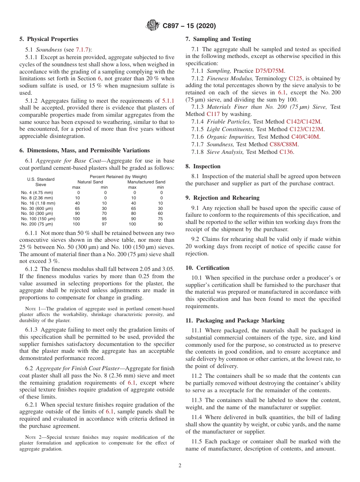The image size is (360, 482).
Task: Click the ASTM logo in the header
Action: pos(153,26)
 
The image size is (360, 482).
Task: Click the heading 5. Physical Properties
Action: pos(49,39)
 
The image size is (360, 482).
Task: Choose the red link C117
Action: pos(213,114)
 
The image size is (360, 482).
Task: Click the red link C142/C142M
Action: pos(304,122)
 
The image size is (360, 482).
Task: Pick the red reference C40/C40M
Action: pos(305,137)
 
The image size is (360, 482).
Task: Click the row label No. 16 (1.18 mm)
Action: pos(37,203)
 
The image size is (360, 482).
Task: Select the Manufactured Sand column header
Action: pos(146,182)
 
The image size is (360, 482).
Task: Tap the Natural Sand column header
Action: pos(90,182)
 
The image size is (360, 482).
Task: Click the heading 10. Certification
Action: pos(207,268)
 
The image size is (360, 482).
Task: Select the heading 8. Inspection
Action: pos(203,166)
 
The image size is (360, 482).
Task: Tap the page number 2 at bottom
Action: pos(180,466)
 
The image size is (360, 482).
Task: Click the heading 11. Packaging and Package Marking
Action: pos(235,321)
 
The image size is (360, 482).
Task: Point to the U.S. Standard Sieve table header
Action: pos(41,182)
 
